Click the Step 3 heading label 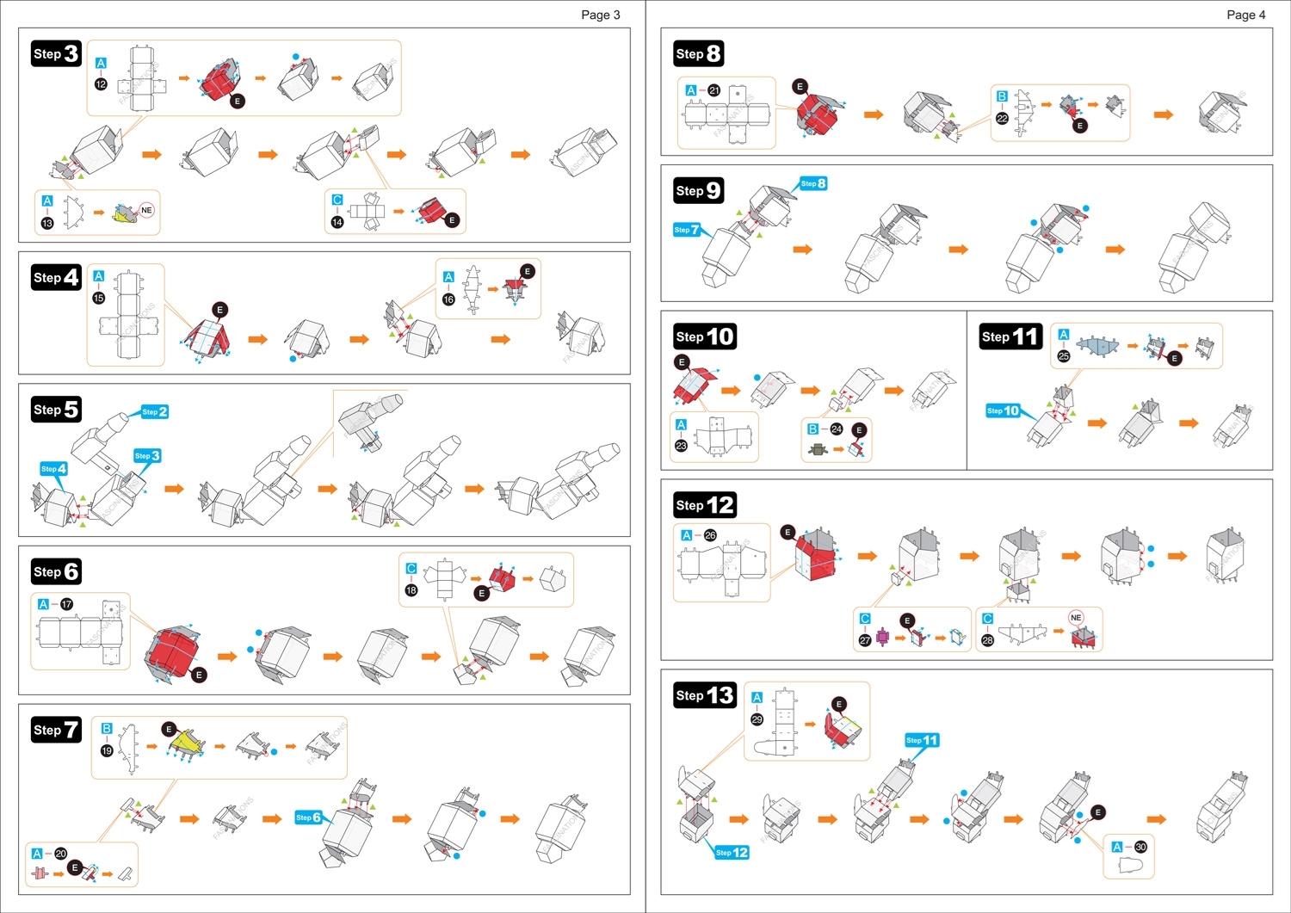[x=56, y=53]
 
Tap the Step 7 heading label [x=56, y=730]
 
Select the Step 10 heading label [x=705, y=336]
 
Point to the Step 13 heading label [x=705, y=695]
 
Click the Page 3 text [x=600, y=15]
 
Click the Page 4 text [x=1245, y=15]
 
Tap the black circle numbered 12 [x=101, y=83]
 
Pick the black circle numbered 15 [x=98, y=298]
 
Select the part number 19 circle [x=107, y=750]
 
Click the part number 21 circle [x=713, y=90]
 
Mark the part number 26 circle [x=710, y=535]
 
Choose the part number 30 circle [x=1140, y=847]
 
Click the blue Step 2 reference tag [x=155, y=412]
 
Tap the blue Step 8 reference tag [x=813, y=183]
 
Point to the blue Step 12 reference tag [x=732, y=853]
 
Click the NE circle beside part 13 [x=146, y=210]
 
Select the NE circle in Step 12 [x=1076, y=617]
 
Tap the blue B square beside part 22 [x=1002, y=96]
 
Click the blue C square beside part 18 [x=411, y=569]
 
